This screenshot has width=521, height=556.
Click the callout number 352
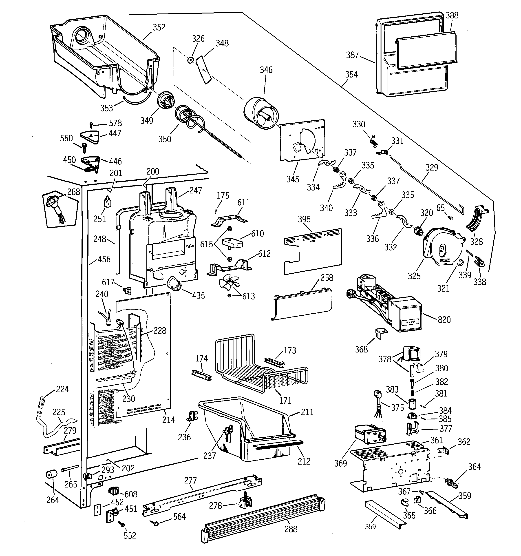click(159, 27)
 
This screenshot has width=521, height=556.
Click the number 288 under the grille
click(291, 529)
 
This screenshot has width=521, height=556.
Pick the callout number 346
click(266, 70)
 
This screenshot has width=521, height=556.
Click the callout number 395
click(304, 219)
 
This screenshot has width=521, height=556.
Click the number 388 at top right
click(452, 15)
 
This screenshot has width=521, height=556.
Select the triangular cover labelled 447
click(90, 137)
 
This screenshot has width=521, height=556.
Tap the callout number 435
click(198, 295)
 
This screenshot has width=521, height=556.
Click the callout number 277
click(190, 481)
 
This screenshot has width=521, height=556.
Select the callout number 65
click(440, 208)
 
